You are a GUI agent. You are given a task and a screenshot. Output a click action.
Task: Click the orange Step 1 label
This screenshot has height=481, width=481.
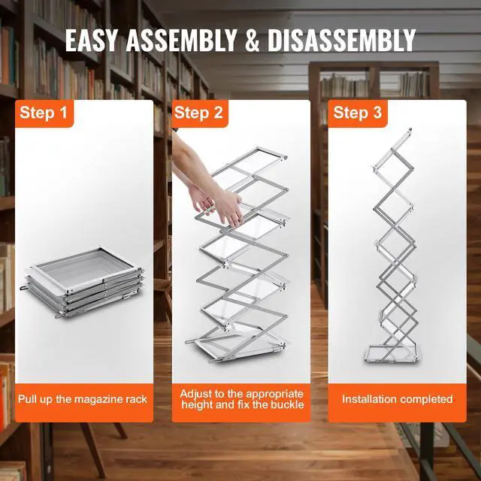click(43, 113)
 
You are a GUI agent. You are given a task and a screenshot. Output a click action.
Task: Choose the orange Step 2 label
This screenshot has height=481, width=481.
click(198, 113)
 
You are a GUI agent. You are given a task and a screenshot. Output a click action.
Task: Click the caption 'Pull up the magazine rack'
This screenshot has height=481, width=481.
click(83, 398)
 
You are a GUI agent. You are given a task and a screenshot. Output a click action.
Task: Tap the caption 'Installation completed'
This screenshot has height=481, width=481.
click(398, 398)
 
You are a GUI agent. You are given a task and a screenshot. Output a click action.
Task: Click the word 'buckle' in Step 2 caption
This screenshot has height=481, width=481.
click(286, 405)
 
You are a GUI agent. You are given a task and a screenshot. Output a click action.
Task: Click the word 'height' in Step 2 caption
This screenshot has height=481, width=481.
click(198, 405)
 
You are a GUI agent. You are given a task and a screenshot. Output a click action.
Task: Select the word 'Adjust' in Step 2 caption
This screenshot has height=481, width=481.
click(197, 393)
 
